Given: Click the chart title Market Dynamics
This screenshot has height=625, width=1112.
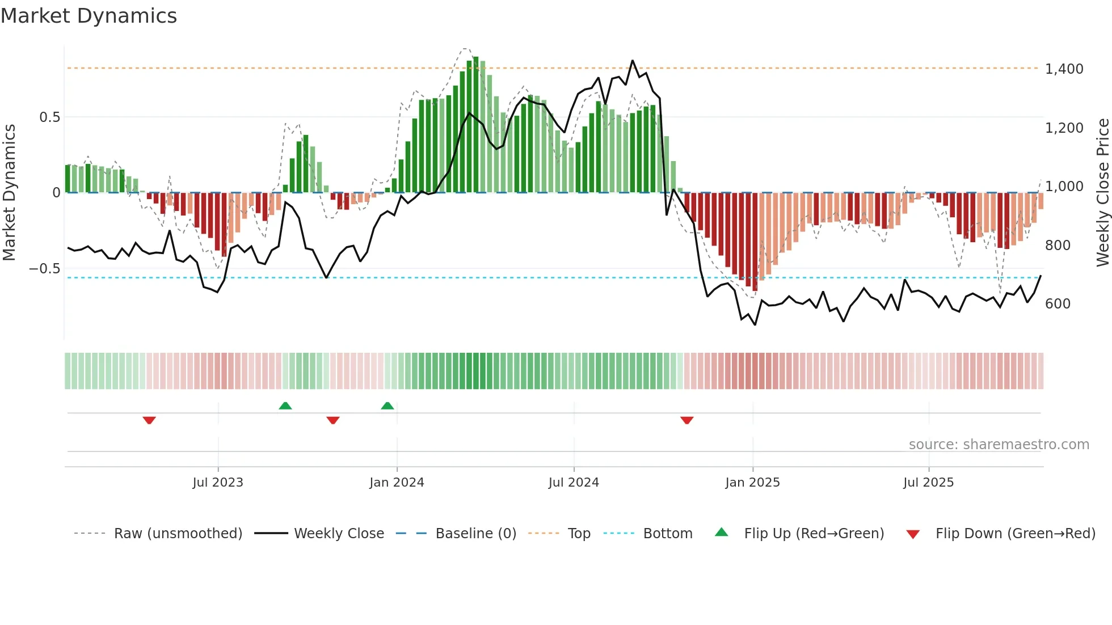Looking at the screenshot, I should click(x=89, y=16).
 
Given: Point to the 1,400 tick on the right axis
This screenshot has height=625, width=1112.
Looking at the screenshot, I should click(x=1064, y=69).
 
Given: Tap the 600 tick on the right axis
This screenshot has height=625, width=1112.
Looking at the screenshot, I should click(x=1058, y=304).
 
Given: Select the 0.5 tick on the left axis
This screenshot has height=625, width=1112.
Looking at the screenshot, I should click(x=49, y=117).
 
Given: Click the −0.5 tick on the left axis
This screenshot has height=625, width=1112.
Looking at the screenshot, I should click(x=45, y=269).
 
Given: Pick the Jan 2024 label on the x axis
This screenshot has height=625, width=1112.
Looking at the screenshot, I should click(x=397, y=483).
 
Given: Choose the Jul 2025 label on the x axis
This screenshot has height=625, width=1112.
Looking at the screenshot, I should click(x=928, y=483).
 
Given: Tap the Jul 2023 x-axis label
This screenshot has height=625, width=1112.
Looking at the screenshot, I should click(x=218, y=483).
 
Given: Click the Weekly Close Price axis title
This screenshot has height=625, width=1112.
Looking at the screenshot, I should click(x=1102, y=192).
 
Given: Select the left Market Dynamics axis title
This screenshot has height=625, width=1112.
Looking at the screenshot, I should click(x=10, y=192).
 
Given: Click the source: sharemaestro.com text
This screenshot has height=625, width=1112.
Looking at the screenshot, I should click(x=999, y=445).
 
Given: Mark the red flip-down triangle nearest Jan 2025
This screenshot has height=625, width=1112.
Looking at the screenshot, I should click(x=686, y=420).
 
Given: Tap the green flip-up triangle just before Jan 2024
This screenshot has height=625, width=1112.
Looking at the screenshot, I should click(x=387, y=406).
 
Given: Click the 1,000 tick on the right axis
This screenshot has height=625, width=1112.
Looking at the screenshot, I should click(x=1064, y=187).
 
